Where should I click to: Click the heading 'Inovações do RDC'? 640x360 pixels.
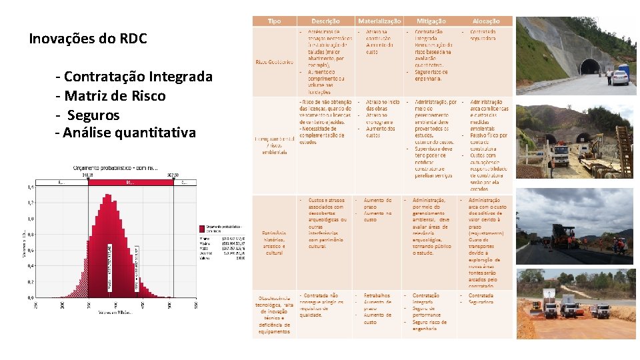[87, 39]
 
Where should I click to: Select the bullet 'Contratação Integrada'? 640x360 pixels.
[138, 77]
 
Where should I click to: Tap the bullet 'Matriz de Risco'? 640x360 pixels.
[115, 96]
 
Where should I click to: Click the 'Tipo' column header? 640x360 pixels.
[274, 21]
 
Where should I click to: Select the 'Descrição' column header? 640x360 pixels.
[325, 21]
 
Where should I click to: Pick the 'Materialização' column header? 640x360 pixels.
[379, 21]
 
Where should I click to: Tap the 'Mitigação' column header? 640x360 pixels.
[431, 21]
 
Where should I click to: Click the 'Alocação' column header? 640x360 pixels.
[486, 21]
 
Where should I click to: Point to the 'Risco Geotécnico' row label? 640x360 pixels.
[274, 62]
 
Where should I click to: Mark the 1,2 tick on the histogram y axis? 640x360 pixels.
[31, 203]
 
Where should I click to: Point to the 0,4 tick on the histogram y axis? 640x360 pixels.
[31, 266]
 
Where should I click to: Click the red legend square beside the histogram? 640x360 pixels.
[203, 228]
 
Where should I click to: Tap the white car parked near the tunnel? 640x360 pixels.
[620, 78]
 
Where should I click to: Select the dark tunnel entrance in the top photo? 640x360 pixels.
[589, 67]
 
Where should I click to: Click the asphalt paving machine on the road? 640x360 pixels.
[564, 237]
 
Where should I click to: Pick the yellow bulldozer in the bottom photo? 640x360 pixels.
[537, 305]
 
